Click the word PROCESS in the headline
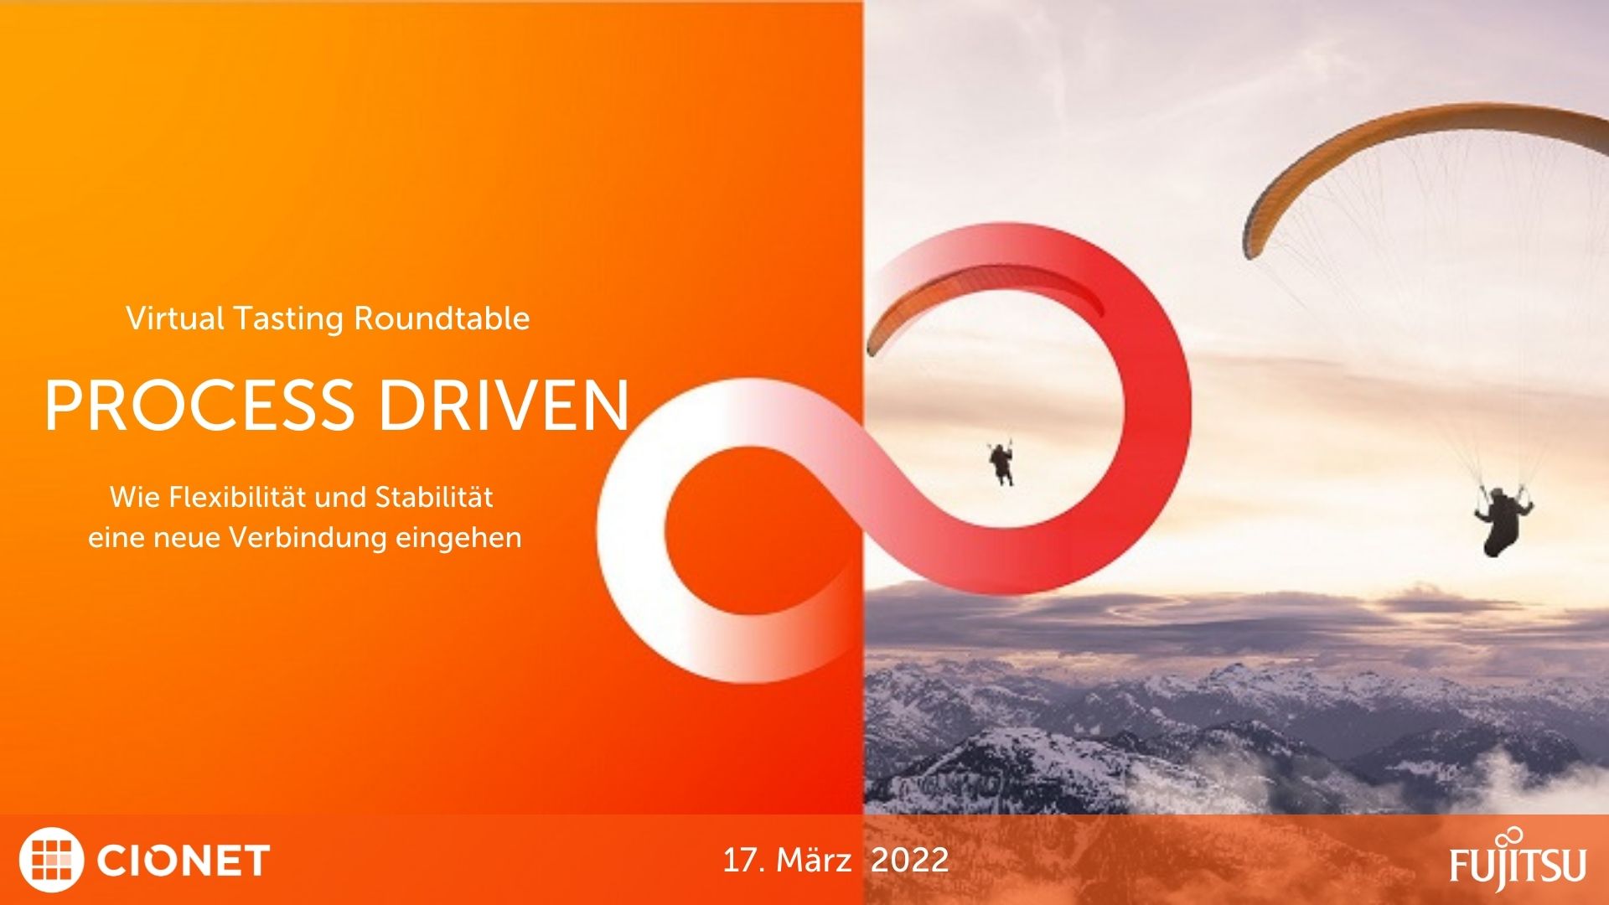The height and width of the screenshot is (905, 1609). pyautogui.click(x=199, y=406)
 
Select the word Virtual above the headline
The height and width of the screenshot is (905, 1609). pyautogui.click(x=175, y=318)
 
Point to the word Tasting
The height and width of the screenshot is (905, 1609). pyautogui.click(x=289, y=319)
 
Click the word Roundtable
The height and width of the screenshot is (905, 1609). pyautogui.click(x=442, y=318)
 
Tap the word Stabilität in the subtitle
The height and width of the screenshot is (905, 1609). pyautogui.click(x=434, y=497)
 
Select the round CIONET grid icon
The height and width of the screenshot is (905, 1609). pyautogui.click(x=51, y=860)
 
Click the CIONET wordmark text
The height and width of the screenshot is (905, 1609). pyautogui.click(x=184, y=861)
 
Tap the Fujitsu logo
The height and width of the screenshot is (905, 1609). pyautogui.click(x=1518, y=858)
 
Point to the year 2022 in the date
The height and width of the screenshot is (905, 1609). pyautogui.click(x=909, y=861)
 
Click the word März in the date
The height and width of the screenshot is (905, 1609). pyautogui.click(x=814, y=860)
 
